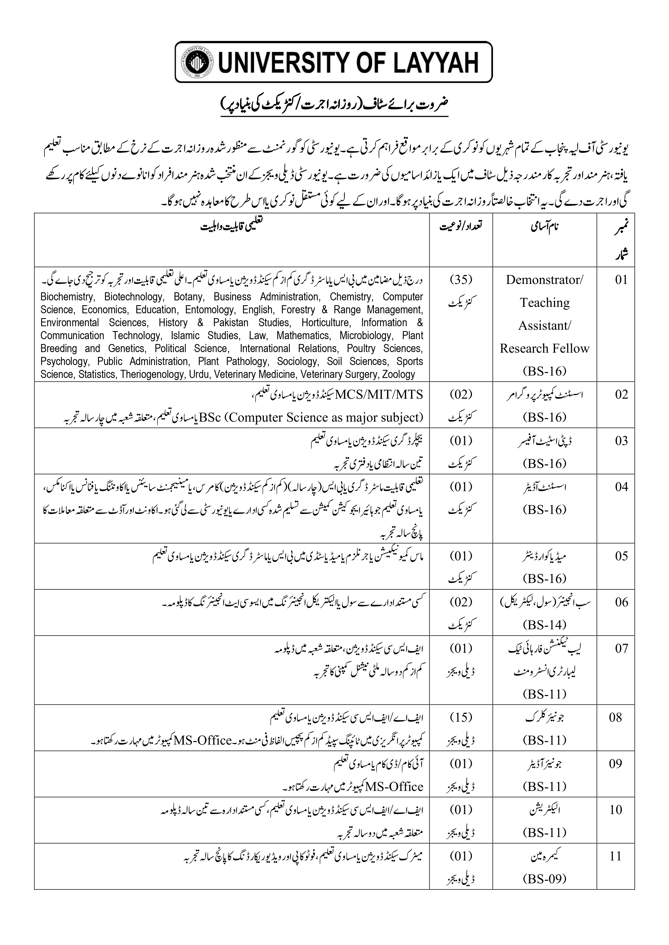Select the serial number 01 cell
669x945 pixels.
point(621,280)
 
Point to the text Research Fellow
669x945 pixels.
point(544,349)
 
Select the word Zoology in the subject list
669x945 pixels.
point(398,374)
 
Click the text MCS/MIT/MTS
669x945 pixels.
point(379,395)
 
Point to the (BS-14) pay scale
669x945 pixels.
point(544,625)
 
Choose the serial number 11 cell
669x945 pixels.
point(615,856)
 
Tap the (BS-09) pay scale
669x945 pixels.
point(544,879)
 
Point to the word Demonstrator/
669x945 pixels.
point(544,280)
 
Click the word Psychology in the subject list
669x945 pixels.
point(64,362)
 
